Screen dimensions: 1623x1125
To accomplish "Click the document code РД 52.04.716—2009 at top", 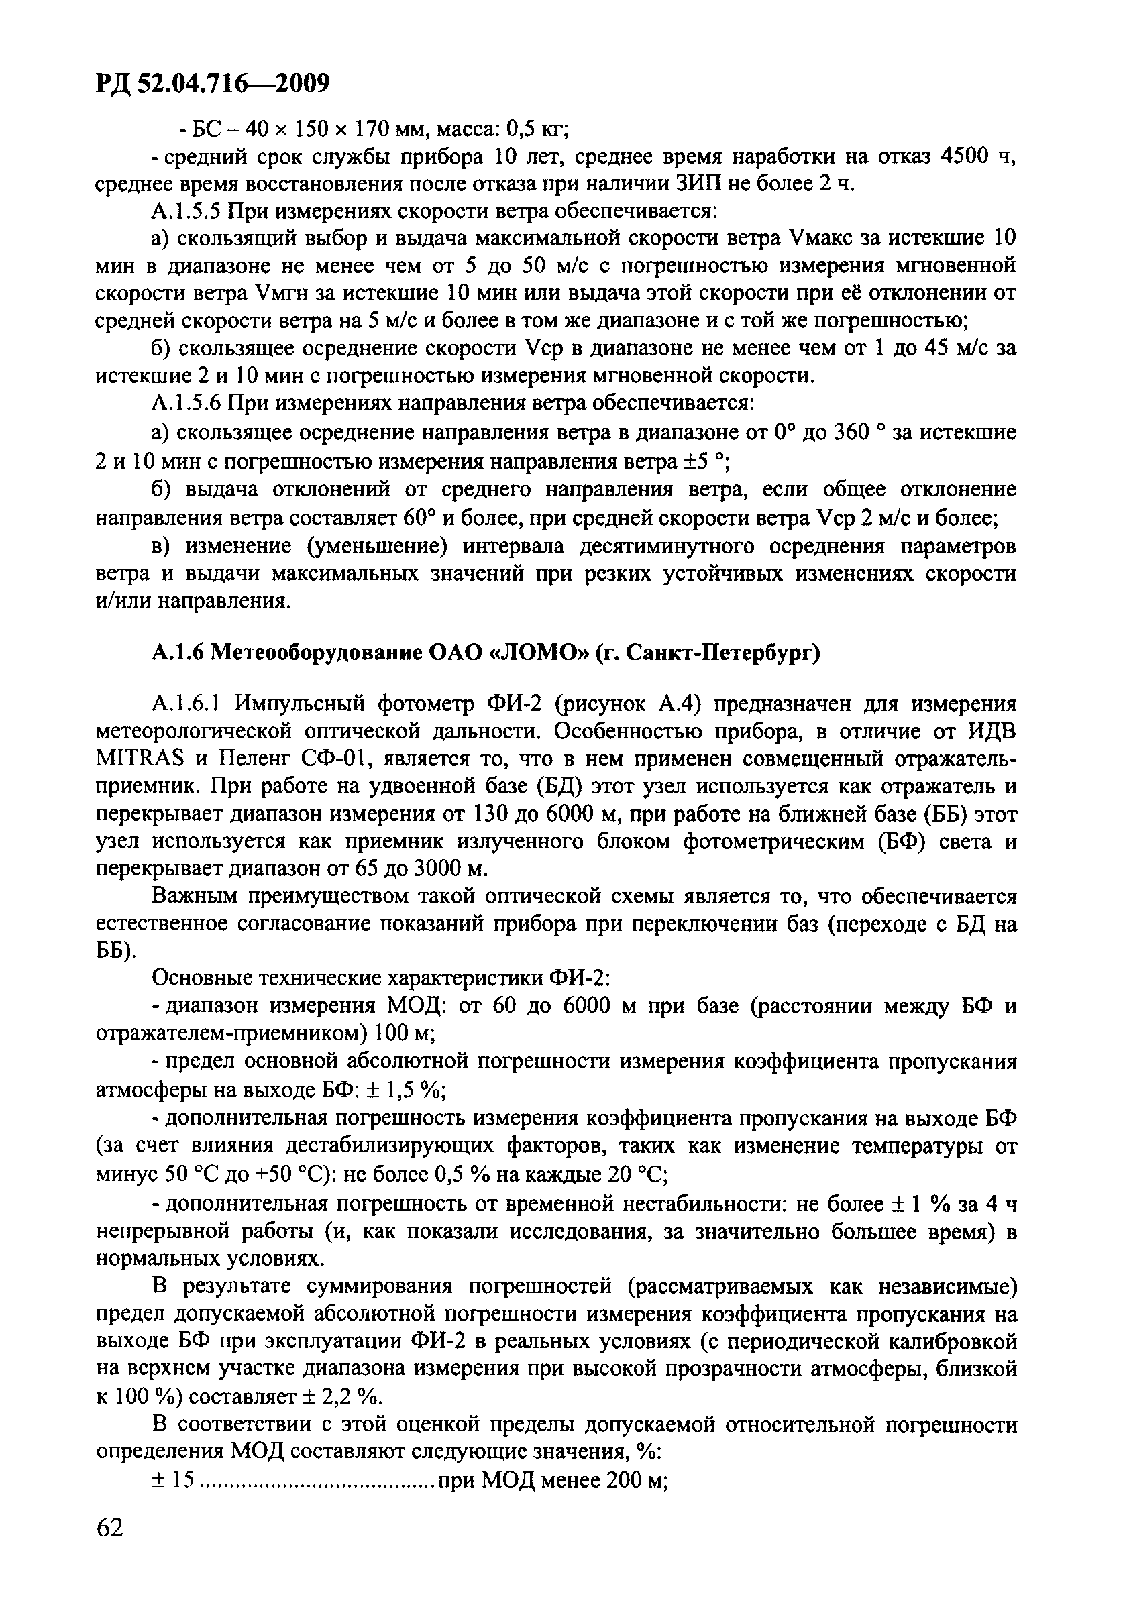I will pyautogui.click(x=212, y=85).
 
